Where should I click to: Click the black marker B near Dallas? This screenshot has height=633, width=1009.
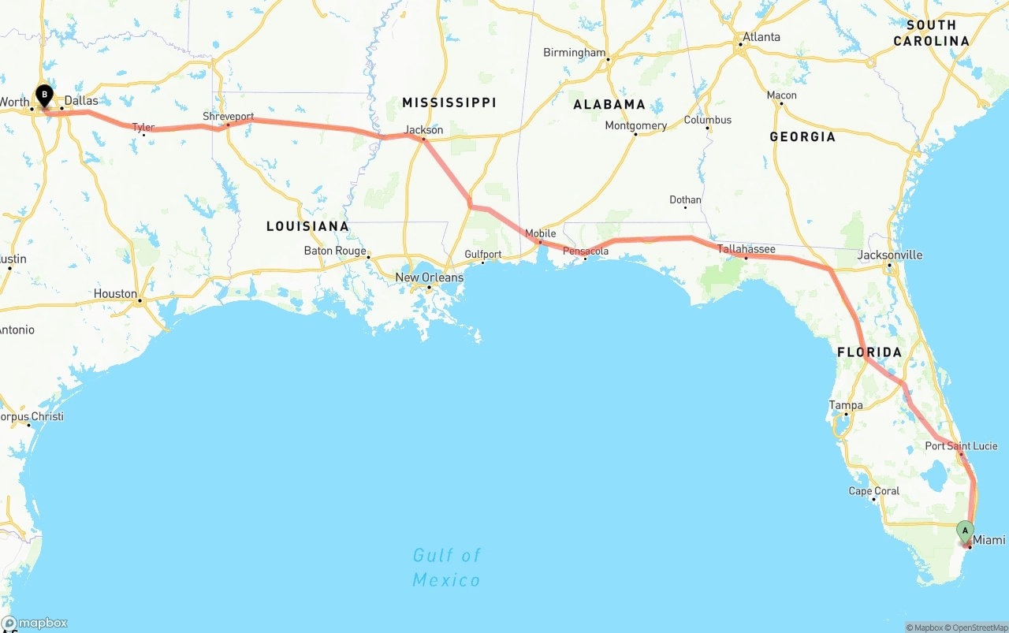[45, 96]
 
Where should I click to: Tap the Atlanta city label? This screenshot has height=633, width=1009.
[761, 37]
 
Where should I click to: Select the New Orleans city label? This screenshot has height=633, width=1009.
[429, 277]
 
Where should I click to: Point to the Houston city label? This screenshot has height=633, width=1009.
[115, 294]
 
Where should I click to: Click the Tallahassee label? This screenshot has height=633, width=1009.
[746, 249]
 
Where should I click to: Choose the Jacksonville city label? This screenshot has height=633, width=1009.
[889, 255]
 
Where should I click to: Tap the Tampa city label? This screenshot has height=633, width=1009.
[845, 405]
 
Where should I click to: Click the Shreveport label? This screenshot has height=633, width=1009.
[228, 117]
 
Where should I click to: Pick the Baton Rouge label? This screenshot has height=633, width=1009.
[335, 251]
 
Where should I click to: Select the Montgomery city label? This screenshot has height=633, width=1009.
[635, 125]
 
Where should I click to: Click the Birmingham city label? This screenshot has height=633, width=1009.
[574, 53]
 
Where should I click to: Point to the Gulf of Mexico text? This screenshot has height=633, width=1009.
[446, 568]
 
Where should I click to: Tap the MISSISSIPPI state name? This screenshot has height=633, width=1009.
[449, 102]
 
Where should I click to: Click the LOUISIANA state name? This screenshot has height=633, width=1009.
[307, 226]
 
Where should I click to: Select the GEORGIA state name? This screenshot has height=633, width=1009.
[802, 137]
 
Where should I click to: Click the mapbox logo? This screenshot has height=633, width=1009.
[35, 623]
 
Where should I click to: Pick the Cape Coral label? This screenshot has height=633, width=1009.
[873, 491]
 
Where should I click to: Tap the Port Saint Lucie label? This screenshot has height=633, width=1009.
[961, 446]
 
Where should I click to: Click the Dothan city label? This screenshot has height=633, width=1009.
[685, 200]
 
